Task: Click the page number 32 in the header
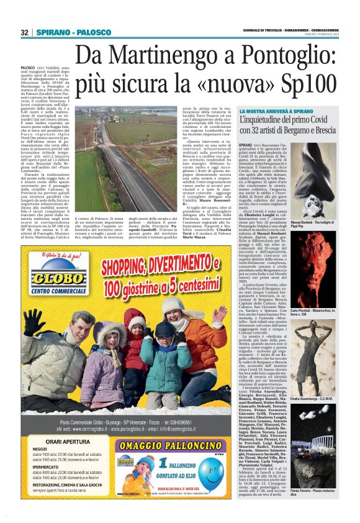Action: point(25,32)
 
